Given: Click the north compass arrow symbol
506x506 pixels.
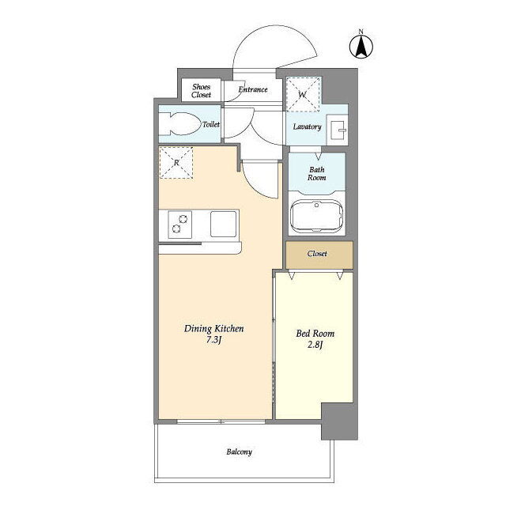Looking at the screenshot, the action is click(361, 47).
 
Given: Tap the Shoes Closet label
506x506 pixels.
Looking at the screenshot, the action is click(201, 91).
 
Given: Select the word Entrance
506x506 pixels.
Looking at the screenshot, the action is click(253, 89).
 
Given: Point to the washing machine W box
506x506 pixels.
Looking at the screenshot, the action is click(304, 94).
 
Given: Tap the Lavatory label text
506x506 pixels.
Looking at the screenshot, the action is click(307, 126).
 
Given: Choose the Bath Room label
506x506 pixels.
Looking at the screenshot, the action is click(316, 173).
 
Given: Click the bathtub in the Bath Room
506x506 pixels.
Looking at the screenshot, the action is click(316, 216).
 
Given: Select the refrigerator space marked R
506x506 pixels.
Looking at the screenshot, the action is click(176, 163).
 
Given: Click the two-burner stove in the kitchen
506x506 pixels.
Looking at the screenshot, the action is click(179, 225).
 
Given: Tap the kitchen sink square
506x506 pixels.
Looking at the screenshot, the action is click(223, 224).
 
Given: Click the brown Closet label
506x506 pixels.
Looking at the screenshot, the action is click(317, 254).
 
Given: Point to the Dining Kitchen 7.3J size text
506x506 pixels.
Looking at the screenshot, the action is click(214, 339).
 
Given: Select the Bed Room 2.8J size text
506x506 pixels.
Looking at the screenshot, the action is click(315, 345).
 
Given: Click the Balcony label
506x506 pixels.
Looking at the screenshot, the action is click(239, 451).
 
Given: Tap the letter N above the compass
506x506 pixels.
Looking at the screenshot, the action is click(361, 32).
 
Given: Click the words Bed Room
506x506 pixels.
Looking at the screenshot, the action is click(315, 334).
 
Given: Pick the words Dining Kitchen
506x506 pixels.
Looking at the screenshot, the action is click(214, 329).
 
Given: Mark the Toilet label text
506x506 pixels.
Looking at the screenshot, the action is click(211, 124).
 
